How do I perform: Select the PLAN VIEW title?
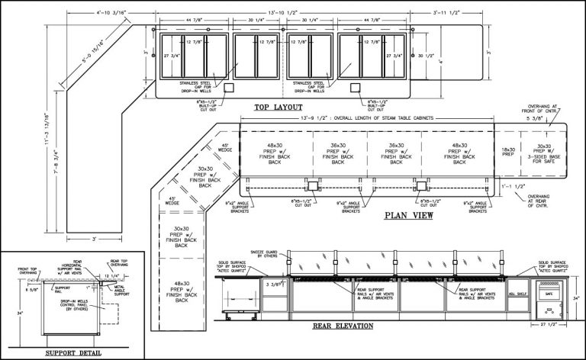click(x=410, y=215)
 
